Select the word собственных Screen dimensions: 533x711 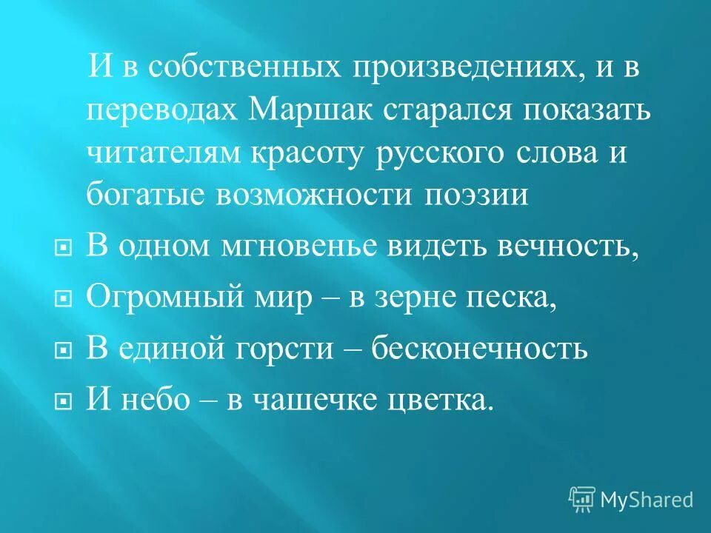(x=244, y=70)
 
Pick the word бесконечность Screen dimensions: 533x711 (x=480, y=349)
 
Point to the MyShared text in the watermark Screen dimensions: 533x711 (x=647, y=499)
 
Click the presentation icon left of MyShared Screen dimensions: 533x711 (x=582, y=499)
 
